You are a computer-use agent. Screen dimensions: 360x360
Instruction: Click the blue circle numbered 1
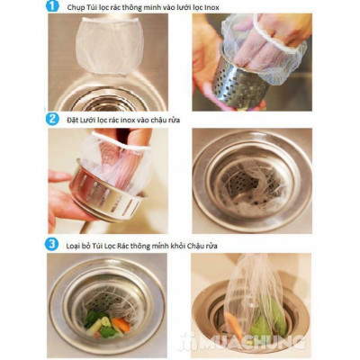51,8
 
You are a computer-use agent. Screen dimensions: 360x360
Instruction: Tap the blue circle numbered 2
52,118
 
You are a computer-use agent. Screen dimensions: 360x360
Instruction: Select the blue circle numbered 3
52,244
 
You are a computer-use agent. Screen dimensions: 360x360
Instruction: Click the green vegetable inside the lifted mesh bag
270,315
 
